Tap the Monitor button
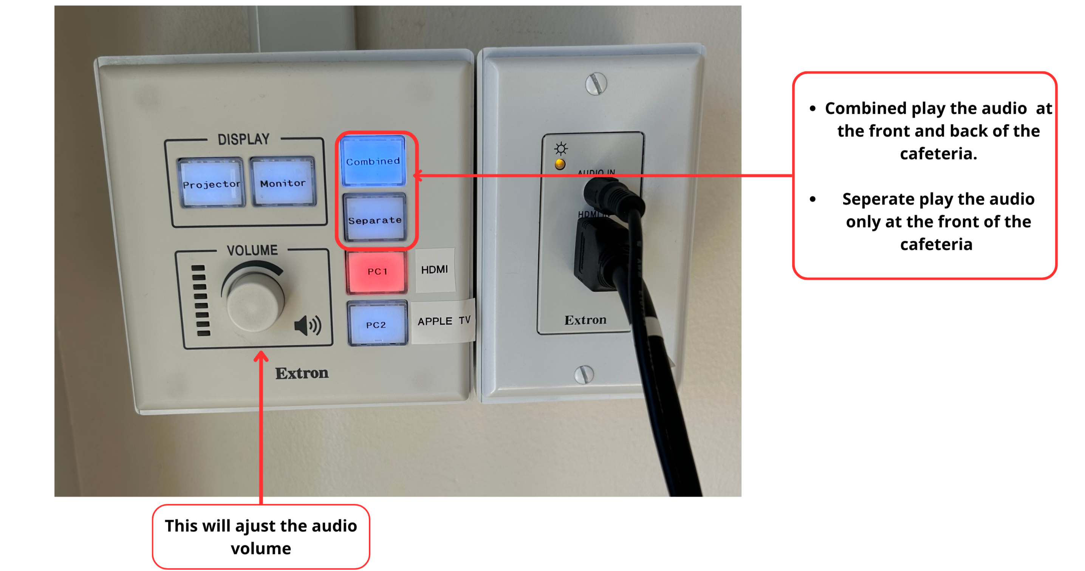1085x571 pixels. coord(283,182)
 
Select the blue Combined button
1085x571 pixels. coord(373,161)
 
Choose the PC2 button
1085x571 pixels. coord(377,323)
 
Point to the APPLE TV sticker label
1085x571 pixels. coord(444,321)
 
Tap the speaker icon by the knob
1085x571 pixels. coord(308,325)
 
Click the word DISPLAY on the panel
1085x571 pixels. coord(243,139)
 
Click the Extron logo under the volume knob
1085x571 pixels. coord(302,373)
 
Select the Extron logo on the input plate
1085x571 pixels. coord(585,320)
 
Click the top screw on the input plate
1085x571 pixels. coord(596,84)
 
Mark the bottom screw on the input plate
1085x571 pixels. coord(584,374)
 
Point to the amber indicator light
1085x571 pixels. coord(560,164)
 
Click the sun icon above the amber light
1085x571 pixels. coord(560,149)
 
